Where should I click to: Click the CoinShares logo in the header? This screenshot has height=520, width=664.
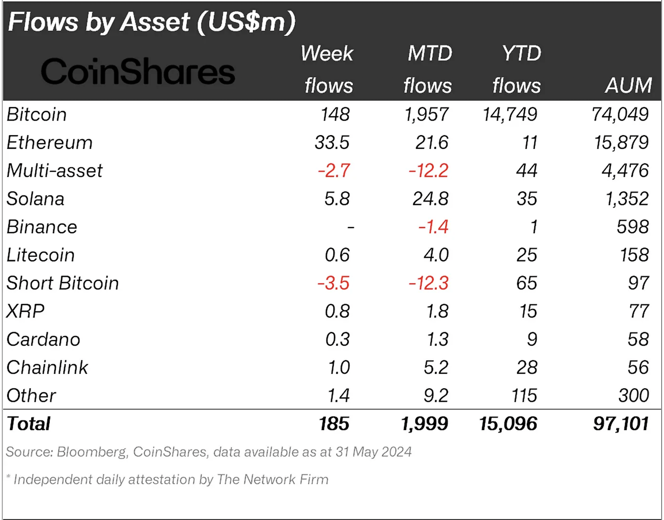tap(138, 71)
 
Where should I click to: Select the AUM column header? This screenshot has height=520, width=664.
tap(629, 85)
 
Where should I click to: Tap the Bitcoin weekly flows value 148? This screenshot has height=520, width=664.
tap(335, 114)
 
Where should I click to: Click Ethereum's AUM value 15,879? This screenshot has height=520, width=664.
tap(621, 143)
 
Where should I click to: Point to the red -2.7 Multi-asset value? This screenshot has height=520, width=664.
tap(334, 171)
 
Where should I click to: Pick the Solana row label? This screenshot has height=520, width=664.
tap(35, 199)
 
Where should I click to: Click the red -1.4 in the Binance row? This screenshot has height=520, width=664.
tap(433, 227)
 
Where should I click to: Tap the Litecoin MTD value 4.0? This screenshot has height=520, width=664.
tap(436, 255)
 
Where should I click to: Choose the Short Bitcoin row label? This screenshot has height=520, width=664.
tap(63, 283)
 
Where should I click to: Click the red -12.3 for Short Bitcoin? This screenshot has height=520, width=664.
tap(428, 283)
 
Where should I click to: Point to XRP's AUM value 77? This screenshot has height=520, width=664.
tap(639, 311)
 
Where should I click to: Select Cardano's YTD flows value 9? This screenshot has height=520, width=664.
tap(532, 339)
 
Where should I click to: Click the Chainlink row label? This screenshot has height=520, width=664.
tap(47, 367)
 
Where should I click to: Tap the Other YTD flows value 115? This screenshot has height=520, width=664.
tap(524, 396)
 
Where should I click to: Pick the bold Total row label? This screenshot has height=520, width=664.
tap(29, 424)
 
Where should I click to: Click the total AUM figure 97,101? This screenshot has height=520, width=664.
tap(621, 424)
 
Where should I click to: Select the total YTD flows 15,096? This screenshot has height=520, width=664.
tap(508, 424)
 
